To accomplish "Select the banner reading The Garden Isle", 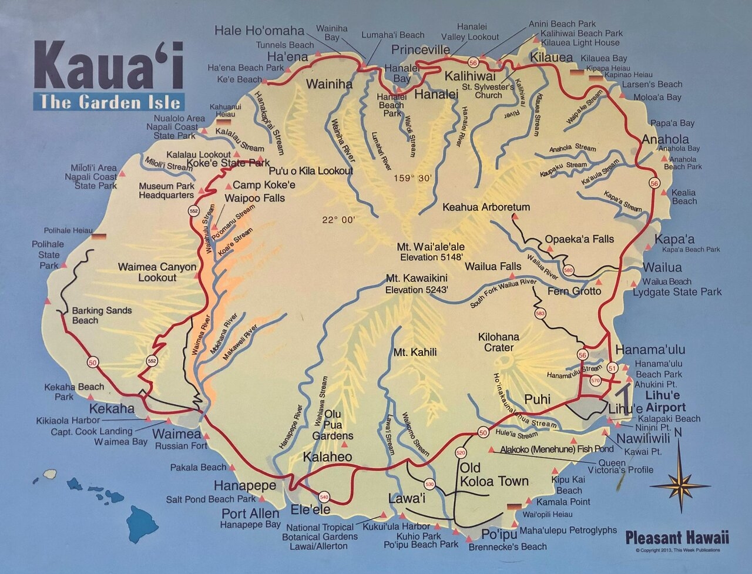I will pos(109,102).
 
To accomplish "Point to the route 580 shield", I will pos(568,270).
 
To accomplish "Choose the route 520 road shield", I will pos(461,453).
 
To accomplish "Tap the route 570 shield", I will pos(595,380).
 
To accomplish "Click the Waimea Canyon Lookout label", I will pos(157,272).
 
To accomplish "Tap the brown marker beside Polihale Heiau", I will pos(99,237).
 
